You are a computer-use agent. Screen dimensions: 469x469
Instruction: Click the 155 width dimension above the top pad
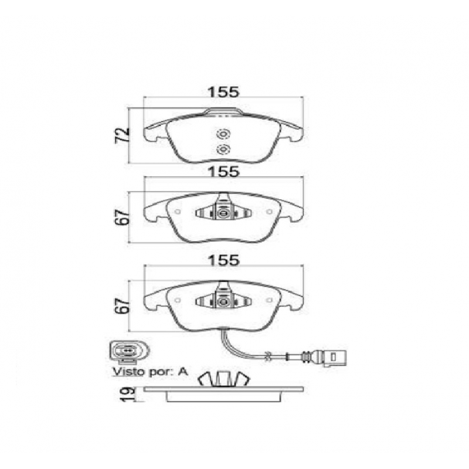click(224, 92)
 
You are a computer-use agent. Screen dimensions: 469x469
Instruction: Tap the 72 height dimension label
click(123, 135)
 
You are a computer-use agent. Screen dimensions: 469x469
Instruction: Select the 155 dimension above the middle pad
click(224, 172)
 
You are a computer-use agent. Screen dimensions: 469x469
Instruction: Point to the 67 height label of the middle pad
click(123, 217)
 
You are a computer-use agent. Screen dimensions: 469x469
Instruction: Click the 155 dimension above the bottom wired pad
click(224, 260)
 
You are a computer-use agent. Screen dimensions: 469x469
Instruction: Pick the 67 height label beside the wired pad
click(123, 305)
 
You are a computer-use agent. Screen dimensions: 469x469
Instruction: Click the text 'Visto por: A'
click(150, 372)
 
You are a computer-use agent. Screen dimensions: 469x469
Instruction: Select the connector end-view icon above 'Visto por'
click(129, 351)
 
